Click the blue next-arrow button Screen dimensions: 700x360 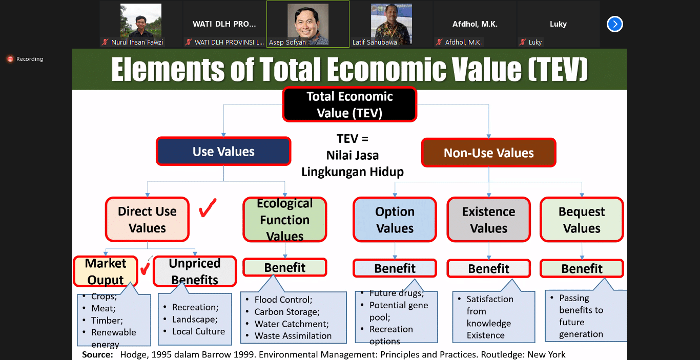click(x=615, y=24)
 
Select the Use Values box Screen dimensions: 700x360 click(x=223, y=151)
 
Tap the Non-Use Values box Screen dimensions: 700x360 click(x=489, y=153)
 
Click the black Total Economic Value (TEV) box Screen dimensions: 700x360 click(x=349, y=104)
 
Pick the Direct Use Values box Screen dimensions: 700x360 click(x=147, y=219)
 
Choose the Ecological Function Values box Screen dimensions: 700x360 click(x=285, y=219)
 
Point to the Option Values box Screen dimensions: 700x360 click(x=395, y=220)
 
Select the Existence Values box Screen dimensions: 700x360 click(x=489, y=220)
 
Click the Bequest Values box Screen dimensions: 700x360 click(x=582, y=220)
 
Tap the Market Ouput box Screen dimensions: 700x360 click(x=106, y=271)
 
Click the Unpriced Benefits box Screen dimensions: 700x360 click(x=195, y=271)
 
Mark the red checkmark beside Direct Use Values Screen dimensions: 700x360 click(x=208, y=208)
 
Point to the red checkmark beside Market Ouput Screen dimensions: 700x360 click(x=145, y=268)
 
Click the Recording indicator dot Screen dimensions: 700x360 click(x=10, y=59)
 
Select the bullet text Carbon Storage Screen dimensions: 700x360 click(x=287, y=311)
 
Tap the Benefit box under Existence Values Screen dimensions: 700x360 click(x=489, y=268)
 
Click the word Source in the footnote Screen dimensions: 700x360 click(x=97, y=355)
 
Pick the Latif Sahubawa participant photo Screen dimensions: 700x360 click(x=391, y=25)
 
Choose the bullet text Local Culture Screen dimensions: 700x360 click(x=198, y=331)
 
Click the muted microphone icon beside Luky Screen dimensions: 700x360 click(x=523, y=42)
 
